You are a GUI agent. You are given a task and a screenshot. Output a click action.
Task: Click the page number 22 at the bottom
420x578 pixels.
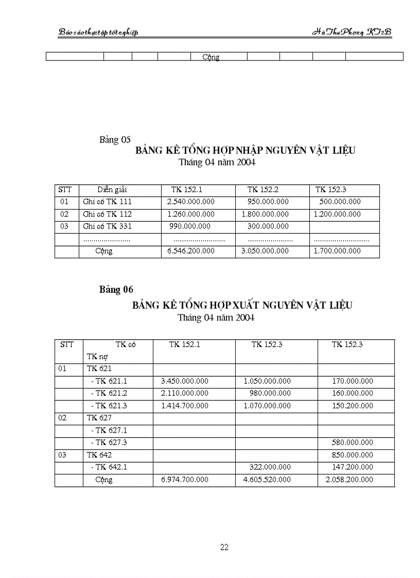click(x=224, y=547)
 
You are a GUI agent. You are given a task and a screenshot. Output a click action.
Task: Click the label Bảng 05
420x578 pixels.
click(x=115, y=139)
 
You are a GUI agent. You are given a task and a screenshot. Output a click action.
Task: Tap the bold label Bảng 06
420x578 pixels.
click(x=116, y=290)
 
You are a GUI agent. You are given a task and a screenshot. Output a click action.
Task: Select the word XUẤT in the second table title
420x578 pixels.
click(x=246, y=305)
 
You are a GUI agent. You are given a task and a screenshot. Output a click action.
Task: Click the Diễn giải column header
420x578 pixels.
click(x=112, y=189)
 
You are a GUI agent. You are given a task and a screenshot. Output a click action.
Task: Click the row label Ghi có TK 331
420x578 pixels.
click(x=107, y=226)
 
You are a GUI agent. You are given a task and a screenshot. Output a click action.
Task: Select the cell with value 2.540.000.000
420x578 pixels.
click(x=190, y=202)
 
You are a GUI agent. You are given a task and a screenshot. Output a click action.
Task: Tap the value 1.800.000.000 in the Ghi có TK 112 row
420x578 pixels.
click(x=265, y=214)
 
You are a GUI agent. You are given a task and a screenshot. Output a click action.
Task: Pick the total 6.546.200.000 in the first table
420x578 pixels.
click(x=190, y=251)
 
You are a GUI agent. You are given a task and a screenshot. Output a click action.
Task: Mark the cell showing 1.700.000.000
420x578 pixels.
click(x=337, y=251)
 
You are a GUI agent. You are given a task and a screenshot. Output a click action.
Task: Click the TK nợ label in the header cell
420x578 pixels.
click(x=97, y=356)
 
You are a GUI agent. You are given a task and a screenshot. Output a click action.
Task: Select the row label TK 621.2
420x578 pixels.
click(x=109, y=393)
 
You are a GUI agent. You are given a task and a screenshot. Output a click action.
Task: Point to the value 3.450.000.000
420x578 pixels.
click(x=185, y=381)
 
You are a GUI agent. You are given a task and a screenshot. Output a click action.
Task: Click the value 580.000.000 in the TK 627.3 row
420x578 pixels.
click(x=353, y=443)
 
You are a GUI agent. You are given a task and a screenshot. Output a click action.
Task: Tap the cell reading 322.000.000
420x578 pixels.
click(x=270, y=467)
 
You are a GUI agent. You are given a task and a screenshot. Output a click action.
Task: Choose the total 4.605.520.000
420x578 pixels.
click(x=267, y=480)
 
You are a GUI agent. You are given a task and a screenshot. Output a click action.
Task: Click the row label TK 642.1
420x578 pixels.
click(x=109, y=467)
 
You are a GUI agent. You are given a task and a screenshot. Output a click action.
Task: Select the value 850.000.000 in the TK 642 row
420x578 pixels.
click(x=353, y=455)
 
